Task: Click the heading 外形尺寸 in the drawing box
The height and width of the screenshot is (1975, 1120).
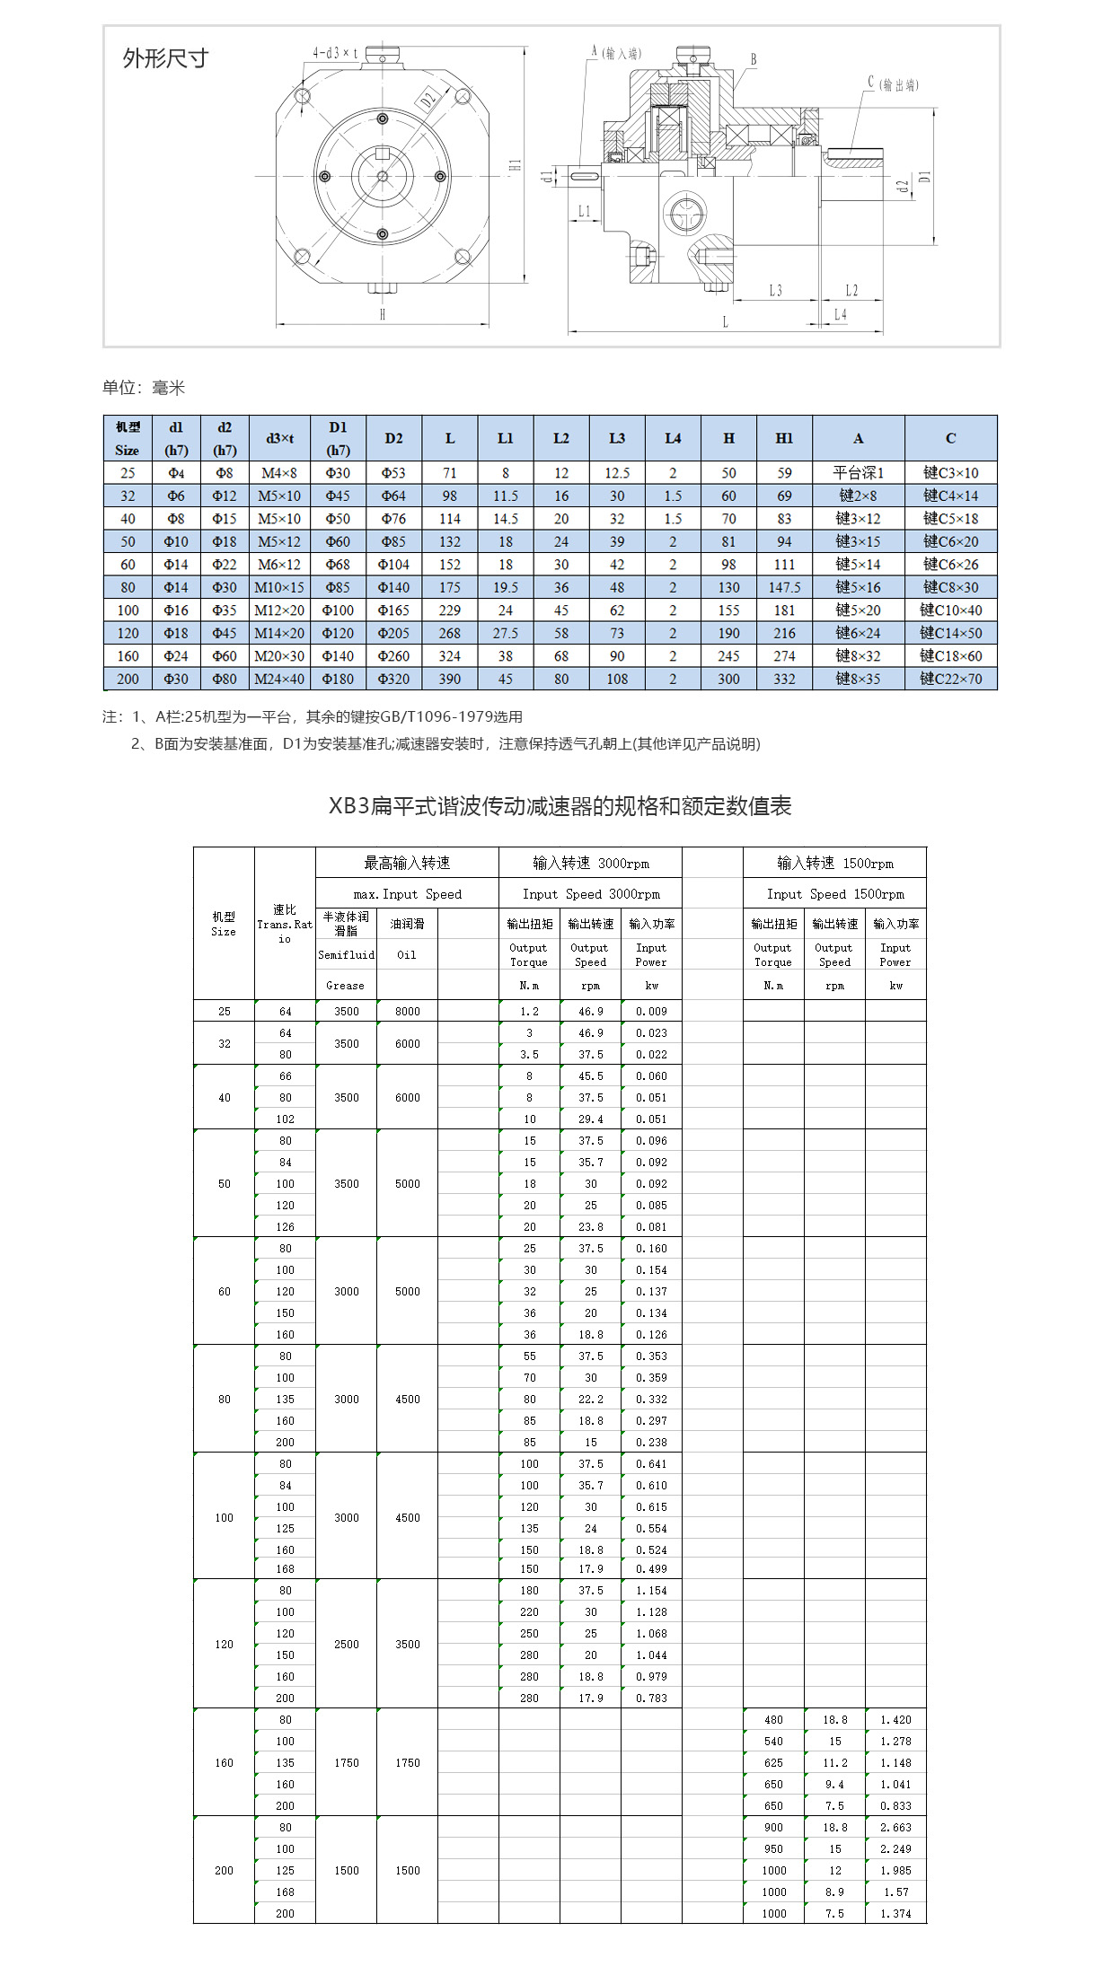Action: [165, 59]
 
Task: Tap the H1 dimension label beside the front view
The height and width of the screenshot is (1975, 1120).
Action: [515, 166]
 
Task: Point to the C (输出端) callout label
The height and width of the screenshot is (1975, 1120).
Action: [893, 84]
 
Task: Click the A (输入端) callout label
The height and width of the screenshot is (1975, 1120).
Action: [616, 53]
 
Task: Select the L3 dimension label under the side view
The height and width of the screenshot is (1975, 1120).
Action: [775, 291]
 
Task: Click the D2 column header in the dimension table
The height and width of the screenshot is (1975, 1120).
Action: [393, 438]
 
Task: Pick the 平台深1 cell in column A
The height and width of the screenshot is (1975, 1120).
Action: [858, 473]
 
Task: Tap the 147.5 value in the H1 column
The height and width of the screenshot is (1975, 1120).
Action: [784, 587]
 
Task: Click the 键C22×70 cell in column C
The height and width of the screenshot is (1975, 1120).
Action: [950, 679]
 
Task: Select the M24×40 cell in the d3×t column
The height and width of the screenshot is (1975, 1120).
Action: [279, 679]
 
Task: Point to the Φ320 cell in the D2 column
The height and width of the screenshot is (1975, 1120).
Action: [393, 679]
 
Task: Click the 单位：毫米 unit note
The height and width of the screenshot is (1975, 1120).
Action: [144, 388]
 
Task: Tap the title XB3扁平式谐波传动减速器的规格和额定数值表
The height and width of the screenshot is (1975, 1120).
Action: [560, 806]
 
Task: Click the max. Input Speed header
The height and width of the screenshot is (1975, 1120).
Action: [407, 894]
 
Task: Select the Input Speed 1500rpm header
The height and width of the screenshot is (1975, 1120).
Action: [834, 894]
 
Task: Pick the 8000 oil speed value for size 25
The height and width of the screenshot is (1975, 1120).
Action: [407, 1011]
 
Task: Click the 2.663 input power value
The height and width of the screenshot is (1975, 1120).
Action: [895, 1827]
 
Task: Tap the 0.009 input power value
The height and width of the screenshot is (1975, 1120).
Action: [651, 1011]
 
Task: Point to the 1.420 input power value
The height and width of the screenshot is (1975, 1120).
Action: [895, 1719]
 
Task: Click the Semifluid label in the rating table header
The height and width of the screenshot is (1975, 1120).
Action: [346, 954]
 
